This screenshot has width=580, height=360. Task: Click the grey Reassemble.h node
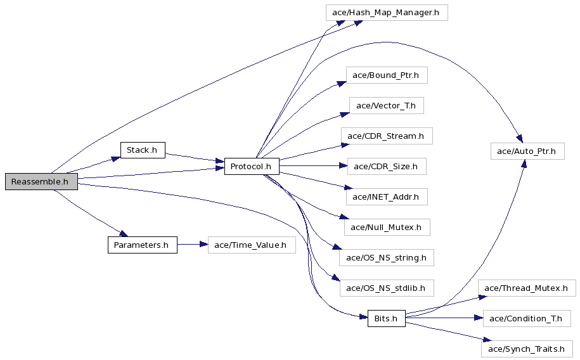[41, 182]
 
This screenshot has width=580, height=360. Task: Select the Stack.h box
[143, 150]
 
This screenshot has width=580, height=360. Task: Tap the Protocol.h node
[252, 167]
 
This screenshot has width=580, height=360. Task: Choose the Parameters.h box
[143, 245]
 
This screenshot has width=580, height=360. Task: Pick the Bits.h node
[387, 319]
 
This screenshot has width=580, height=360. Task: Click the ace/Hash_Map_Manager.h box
[387, 13]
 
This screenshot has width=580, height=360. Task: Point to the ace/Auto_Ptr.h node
[527, 151]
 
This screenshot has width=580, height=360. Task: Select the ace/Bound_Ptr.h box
[387, 75]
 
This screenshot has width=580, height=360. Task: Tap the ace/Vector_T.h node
[387, 106]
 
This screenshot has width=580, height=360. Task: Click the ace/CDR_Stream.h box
[387, 136]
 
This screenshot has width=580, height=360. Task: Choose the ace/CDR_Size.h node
[387, 167]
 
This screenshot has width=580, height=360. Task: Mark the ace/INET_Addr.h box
[387, 197]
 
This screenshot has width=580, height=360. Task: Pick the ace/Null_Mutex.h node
[387, 227]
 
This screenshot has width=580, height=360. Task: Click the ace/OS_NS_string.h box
[387, 257]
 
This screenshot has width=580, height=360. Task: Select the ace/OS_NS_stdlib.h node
[387, 288]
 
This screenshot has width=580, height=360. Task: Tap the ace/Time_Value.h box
[252, 245]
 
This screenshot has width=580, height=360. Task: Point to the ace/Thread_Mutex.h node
[527, 288]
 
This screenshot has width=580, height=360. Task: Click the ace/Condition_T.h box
[527, 319]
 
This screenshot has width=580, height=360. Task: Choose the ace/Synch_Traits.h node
[527, 349]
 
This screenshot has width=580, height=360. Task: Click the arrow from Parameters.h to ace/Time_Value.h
[192, 245]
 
